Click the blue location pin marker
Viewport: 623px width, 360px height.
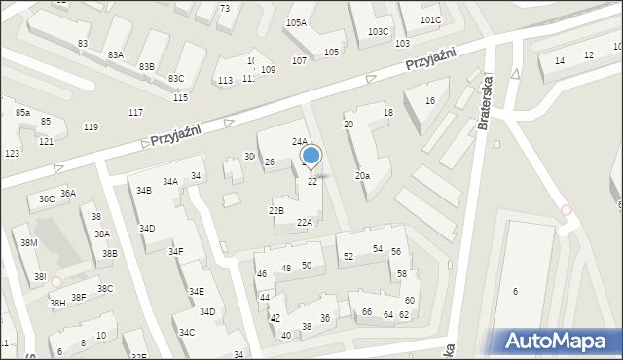311,156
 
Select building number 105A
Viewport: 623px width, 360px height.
296,22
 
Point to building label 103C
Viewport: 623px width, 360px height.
379,31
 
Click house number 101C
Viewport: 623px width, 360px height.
430,20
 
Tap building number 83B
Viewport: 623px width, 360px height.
146,66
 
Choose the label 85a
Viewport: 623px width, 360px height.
22,113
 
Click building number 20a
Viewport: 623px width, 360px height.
362,176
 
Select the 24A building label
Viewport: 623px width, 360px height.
300,142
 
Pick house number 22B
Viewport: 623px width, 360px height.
275,210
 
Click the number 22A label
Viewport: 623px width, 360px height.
304,223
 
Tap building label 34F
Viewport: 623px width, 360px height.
175,252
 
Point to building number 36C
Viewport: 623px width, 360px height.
46,199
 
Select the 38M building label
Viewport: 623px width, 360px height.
29,243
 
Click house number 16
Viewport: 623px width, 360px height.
429,101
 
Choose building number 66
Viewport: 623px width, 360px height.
367,312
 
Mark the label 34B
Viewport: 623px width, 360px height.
144,191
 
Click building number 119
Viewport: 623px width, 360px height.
91,127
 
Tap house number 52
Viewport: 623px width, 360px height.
348,257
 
